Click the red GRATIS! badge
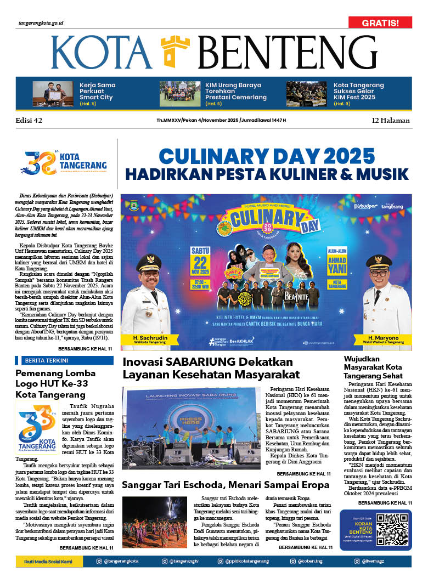[x=380, y=22]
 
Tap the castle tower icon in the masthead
[x=175, y=52]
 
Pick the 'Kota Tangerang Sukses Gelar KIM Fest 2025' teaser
[x=358, y=92]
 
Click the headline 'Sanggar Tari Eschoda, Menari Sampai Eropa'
[x=225, y=485]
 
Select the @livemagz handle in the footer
[x=385, y=561]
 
